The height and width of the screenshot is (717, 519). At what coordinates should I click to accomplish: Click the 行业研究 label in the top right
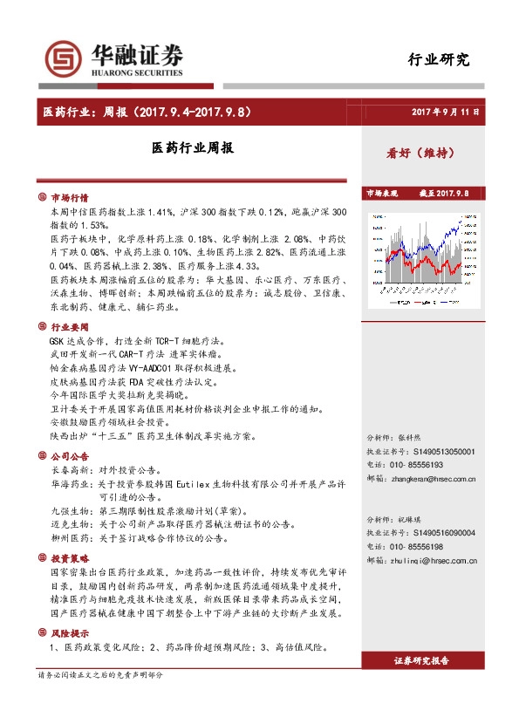pos(439,60)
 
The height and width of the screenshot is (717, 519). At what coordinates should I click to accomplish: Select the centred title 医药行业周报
pos(192,149)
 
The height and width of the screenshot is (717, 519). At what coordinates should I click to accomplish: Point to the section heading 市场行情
pos(69,198)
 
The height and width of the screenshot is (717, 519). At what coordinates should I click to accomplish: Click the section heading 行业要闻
pos(69,325)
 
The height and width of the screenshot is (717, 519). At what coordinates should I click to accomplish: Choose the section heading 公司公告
pos(69,456)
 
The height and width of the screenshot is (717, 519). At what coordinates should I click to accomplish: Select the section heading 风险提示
pos(69,633)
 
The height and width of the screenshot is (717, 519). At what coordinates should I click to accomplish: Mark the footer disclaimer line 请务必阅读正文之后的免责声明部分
pos(100,675)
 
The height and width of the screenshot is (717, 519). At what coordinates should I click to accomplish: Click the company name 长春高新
pos(67,470)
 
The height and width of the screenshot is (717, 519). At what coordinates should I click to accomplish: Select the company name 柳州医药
pos(67,539)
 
